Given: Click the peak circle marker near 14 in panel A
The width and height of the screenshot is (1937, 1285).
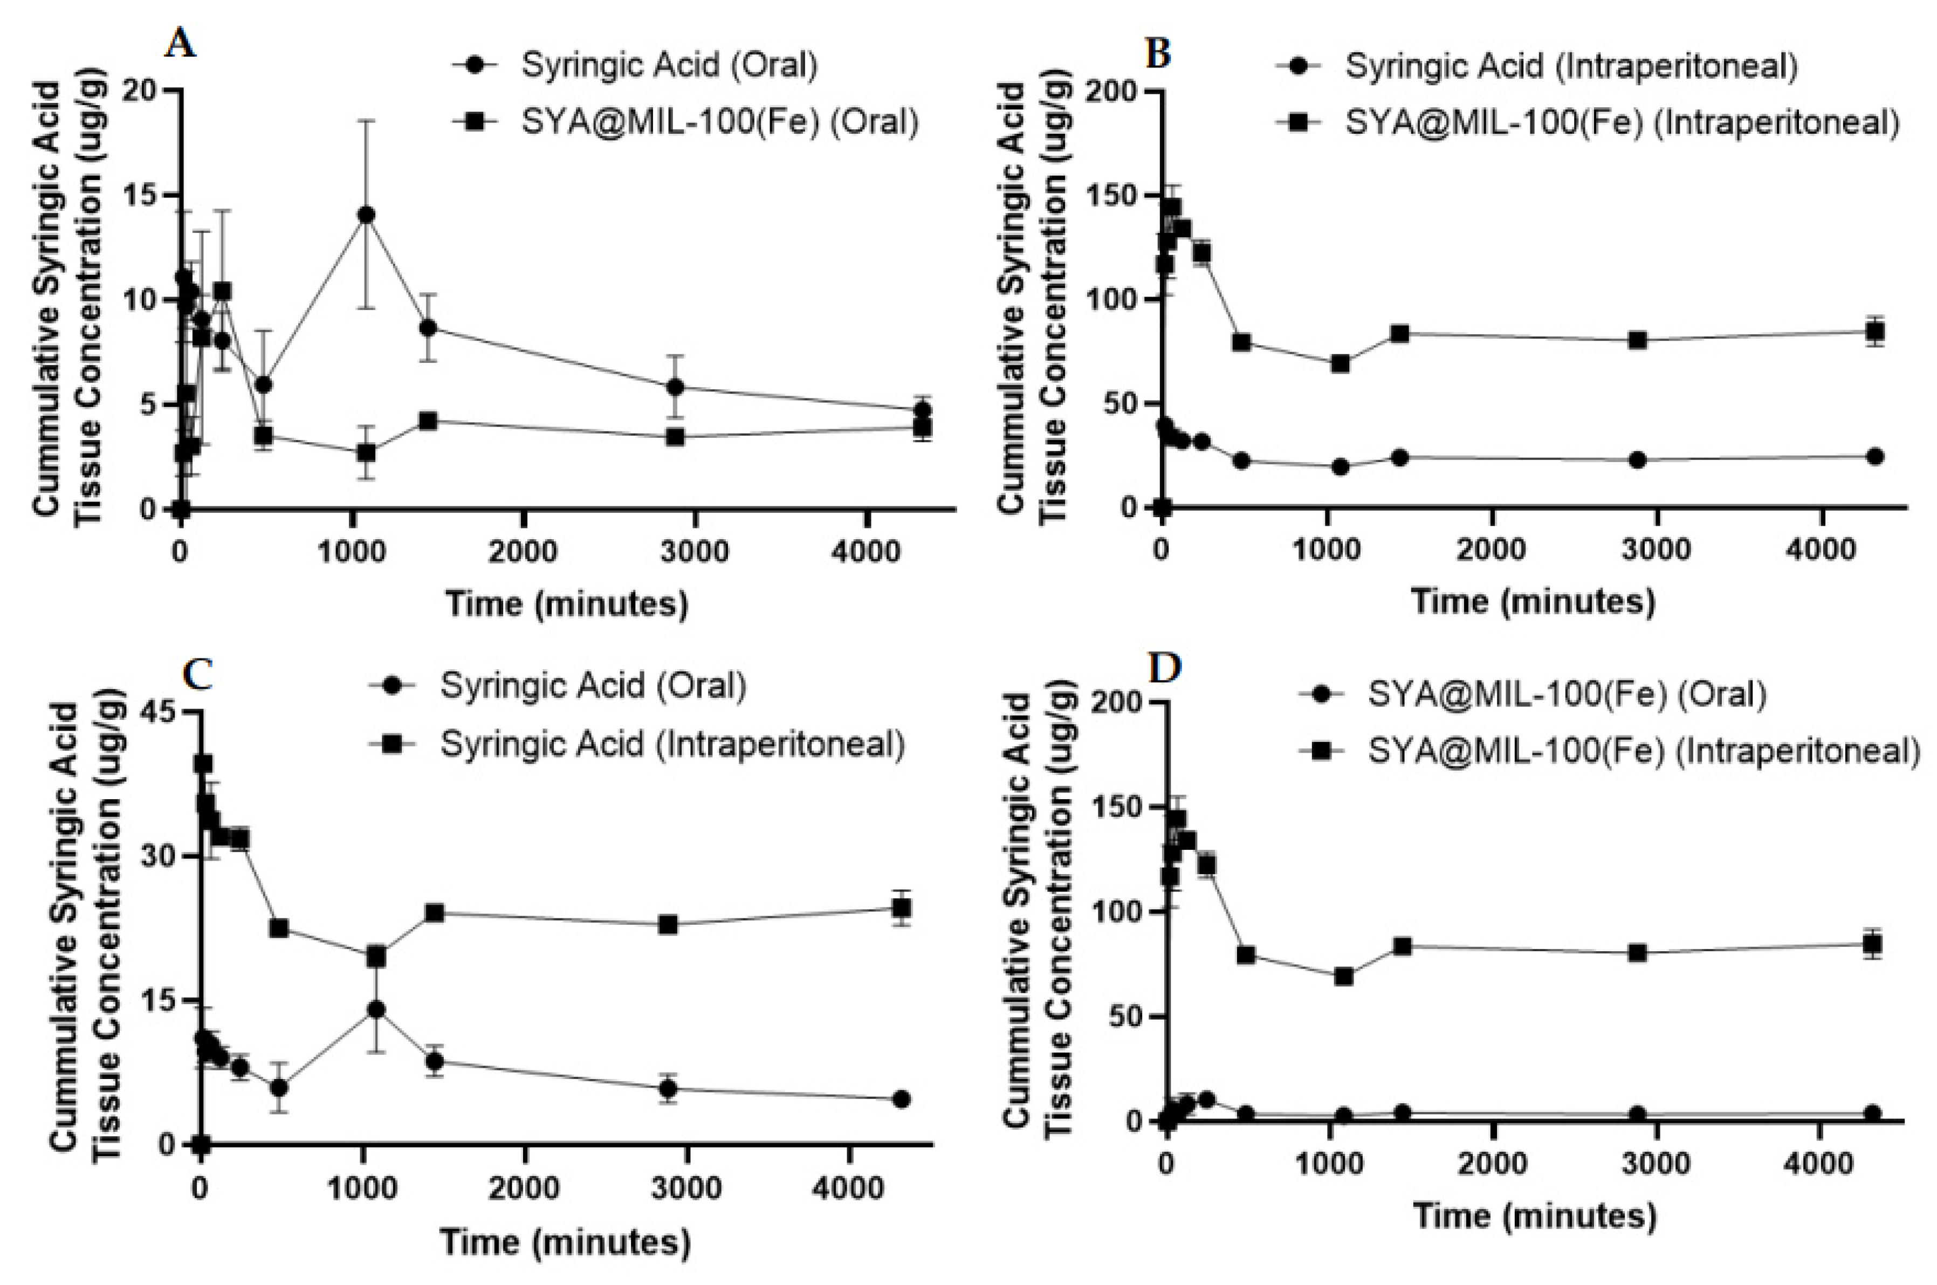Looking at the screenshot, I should (x=366, y=215).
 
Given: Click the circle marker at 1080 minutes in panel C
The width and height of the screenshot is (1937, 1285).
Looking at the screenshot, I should (x=376, y=1009).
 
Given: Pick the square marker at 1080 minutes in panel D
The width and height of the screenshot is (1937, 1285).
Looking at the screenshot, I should (x=1343, y=976).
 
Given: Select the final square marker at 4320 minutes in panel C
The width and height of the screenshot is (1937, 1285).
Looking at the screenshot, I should (x=901, y=908).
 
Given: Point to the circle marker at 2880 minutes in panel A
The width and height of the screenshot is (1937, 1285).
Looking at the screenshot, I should (x=675, y=387).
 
